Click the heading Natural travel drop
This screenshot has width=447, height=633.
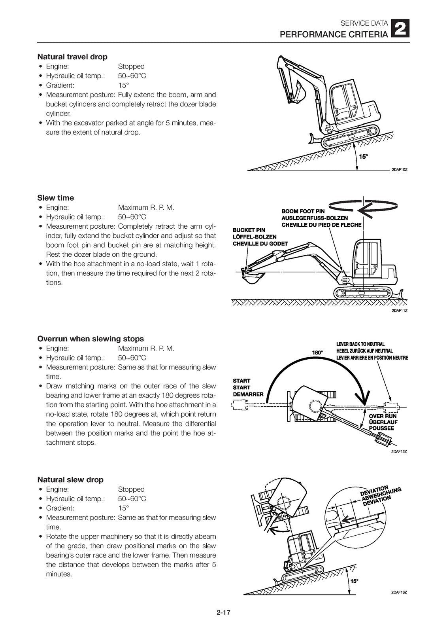(72, 57)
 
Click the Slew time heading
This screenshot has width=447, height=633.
(56, 198)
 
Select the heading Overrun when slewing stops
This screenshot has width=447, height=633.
(91, 339)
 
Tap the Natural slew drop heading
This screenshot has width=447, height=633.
(70, 479)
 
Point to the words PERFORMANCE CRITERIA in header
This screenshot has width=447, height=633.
(334, 35)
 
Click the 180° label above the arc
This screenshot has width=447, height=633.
(317, 352)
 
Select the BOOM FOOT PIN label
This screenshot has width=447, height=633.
(303, 212)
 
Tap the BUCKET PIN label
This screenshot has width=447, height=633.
(249, 230)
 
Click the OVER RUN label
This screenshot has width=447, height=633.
(383, 416)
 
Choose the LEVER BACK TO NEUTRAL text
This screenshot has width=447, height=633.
(360, 344)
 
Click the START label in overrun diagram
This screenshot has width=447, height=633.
(241, 381)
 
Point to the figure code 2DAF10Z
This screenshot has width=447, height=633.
(399, 170)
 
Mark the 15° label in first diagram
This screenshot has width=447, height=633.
(363, 157)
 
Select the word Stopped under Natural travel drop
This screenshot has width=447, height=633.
(131, 66)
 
